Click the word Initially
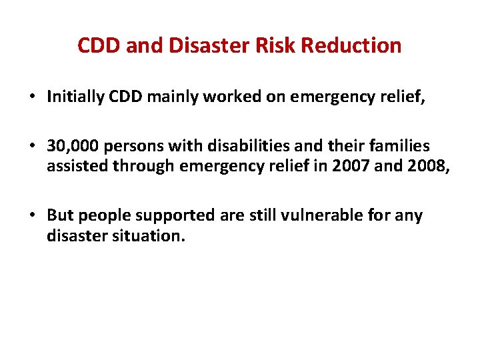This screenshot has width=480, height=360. coord(74,97)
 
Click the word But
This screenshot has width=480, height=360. coord(59,216)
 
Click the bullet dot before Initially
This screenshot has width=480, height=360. coord(33,97)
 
